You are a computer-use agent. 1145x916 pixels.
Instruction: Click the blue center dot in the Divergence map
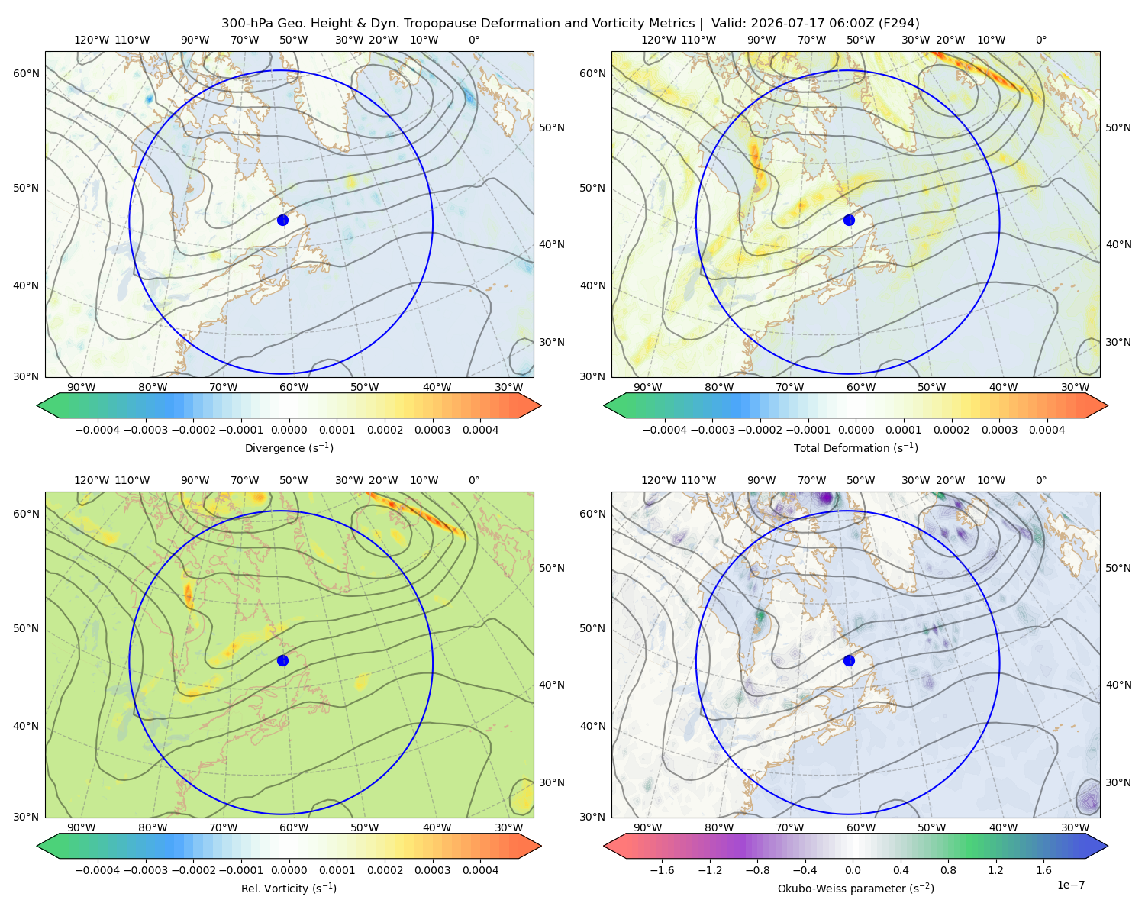(x=282, y=220)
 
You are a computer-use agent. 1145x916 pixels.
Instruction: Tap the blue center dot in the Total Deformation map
(x=849, y=220)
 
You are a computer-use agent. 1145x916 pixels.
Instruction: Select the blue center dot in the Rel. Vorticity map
(x=282, y=660)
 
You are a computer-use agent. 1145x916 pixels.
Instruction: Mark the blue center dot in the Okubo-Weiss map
(x=849, y=660)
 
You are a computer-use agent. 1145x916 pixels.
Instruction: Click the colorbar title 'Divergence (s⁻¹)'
(x=289, y=447)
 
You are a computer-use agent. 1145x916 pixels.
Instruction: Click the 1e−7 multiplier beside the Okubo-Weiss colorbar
(x=1070, y=885)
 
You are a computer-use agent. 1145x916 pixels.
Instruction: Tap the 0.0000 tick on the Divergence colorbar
(x=289, y=430)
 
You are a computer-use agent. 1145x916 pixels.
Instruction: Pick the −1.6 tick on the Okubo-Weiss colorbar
(x=662, y=869)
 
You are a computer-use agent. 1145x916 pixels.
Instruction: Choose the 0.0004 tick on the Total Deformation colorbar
(x=1047, y=430)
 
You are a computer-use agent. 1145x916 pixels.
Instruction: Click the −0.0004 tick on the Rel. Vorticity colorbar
(x=98, y=869)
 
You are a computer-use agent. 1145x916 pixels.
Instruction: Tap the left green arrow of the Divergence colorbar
(x=48, y=405)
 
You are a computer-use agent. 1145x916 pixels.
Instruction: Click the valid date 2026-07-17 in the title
(x=779, y=24)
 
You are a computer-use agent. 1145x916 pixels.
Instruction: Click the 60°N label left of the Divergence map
(x=26, y=73)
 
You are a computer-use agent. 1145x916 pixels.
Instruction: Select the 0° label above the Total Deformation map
(x=1040, y=40)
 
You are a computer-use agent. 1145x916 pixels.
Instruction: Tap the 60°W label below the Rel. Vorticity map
(x=294, y=827)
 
